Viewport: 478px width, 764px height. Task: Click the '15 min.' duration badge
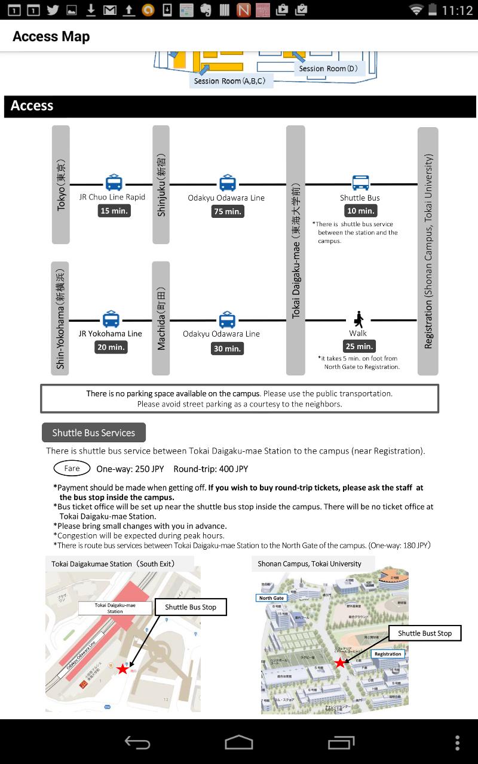coord(114,211)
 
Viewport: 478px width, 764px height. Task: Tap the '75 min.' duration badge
coord(228,211)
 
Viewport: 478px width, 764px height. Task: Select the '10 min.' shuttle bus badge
coord(360,211)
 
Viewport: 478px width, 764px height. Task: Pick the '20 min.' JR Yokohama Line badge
coord(111,347)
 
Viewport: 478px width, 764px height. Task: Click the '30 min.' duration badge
coord(227,349)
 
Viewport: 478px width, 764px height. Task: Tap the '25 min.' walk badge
coord(358,346)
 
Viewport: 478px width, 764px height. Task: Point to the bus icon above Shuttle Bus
coord(360,183)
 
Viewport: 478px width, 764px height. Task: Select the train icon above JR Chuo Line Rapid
coord(114,183)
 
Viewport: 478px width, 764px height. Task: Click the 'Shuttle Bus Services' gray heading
coord(94,433)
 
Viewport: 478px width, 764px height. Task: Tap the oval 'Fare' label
coord(72,469)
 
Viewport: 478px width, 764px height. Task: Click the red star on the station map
coord(122,669)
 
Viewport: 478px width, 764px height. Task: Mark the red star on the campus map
coord(340,663)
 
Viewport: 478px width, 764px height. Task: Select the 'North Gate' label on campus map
coord(271,598)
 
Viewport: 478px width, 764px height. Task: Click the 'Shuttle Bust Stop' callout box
coord(425,633)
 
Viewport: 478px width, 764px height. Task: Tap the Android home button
coord(239,743)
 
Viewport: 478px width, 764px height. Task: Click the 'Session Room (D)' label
coord(329,69)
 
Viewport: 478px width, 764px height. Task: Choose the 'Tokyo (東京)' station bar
coord(61,184)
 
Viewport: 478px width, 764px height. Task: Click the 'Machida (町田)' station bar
coord(161,318)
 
